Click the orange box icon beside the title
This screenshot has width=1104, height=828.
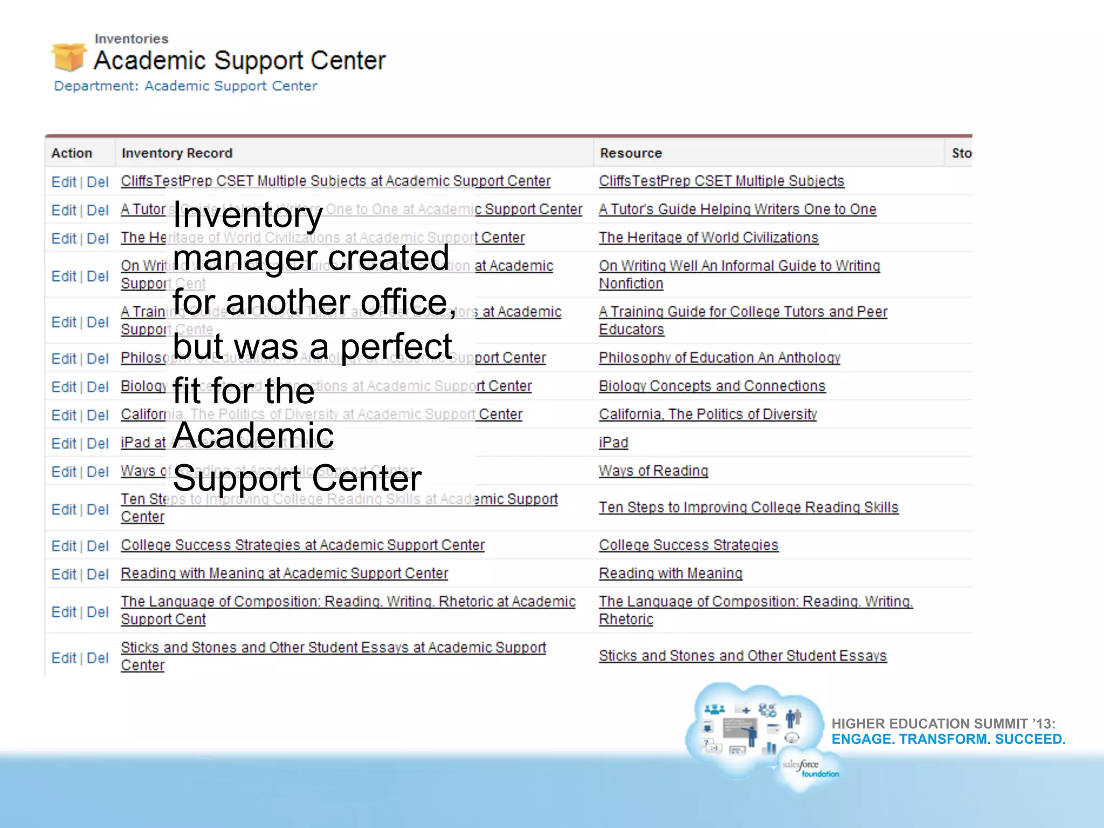(68, 57)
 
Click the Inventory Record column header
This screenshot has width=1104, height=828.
(177, 153)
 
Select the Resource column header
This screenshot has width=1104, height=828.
(631, 153)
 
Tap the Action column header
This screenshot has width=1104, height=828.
(72, 153)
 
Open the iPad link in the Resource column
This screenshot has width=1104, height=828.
(613, 443)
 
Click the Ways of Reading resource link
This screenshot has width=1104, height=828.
(653, 471)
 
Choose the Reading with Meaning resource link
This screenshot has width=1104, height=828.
(671, 573)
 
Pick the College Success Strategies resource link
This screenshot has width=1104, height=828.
(688, 545)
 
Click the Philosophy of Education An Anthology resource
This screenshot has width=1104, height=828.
(720, 357)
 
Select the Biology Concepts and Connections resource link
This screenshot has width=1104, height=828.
(712, 386)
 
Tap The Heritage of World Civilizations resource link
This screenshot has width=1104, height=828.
(708, 237)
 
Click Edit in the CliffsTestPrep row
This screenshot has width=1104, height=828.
(64, 182)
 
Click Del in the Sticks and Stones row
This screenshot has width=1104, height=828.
(98, 658)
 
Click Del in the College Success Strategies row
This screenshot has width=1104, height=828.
(98, 546)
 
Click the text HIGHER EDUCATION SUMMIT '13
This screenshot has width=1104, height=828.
(943, 723)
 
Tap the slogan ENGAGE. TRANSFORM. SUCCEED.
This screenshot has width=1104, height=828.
(948, 739)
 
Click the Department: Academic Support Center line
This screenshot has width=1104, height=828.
(185, 86)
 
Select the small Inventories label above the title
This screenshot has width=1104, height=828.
(132, 39)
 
